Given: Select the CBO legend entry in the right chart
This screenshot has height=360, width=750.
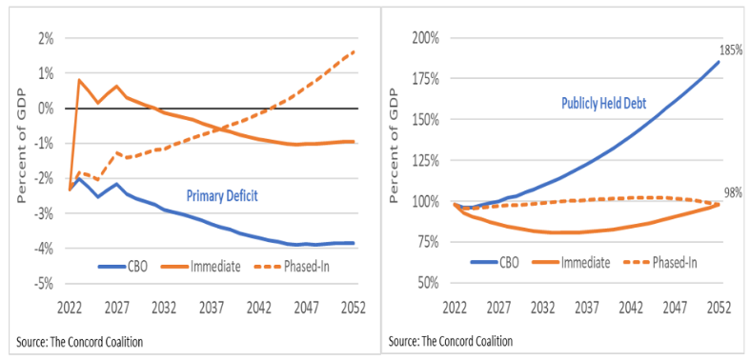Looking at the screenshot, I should (x=503, y=262).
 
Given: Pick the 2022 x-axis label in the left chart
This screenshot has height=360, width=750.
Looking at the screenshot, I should (x=70, y=308).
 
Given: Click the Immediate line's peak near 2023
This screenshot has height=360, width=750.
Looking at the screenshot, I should (x=79, y=80).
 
